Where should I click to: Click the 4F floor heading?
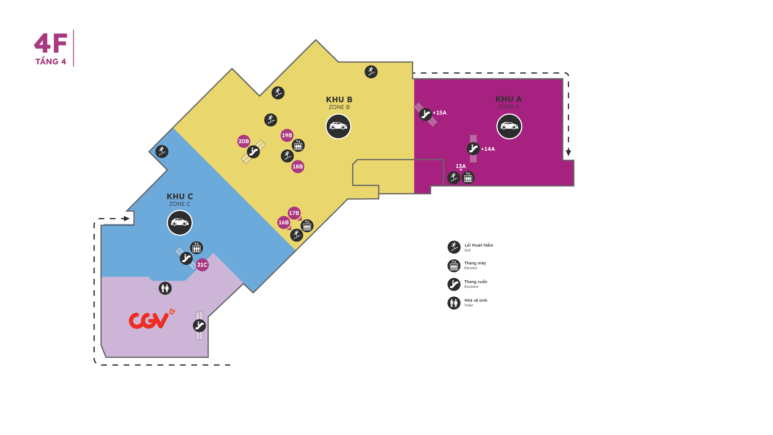click(50, 43)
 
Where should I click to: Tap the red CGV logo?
click(152, 319)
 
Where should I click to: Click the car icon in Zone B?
click(338, 126)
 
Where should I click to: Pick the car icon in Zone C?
click(179, 223)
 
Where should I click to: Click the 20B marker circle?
click(243, 141)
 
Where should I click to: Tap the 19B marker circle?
click(287, 135)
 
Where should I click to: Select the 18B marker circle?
click(298, 167)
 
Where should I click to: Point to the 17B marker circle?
click(294, 213)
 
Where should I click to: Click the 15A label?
click(441, 113)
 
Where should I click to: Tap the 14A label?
click(489, 149)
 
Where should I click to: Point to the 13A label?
click(461, 166)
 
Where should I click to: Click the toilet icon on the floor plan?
click(165, 288)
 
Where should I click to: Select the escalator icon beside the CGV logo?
click(199, 325)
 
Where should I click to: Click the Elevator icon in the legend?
click(454, 266)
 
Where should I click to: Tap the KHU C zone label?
click(180, 196)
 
